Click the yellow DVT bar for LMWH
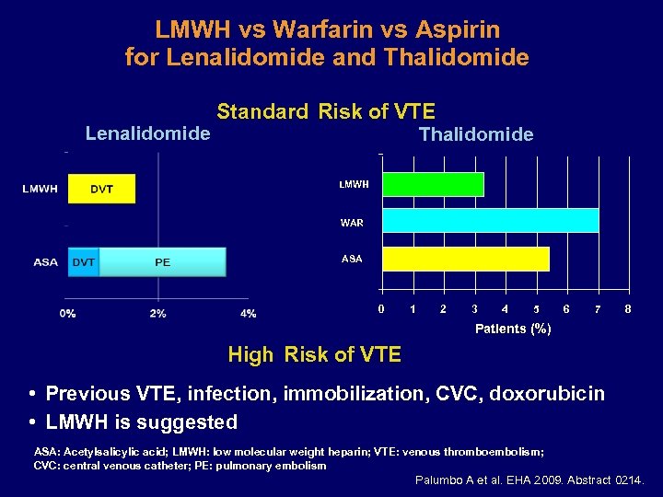pyautogui.click(x=101, y=189)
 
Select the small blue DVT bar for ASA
pyautogui.click(x=84, y=262)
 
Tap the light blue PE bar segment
pyautogui.click(x=162, y=262)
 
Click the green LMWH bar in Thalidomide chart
pyautogui.click(x=432, y=184)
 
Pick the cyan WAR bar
pyautogui.click(x=490, y=221)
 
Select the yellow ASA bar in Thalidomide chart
pyautogui.click(x=465, y=259)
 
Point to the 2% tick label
pyautogui.click(x=157, y=314)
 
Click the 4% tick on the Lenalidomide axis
pyautogui.click(x=248, y=314)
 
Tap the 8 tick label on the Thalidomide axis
pyautogui.click(x=628, y=309)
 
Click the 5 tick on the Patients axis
pyautogui.click(x=536, y=309)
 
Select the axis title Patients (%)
pyautogui.click(x=513, y=329)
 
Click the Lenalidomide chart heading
pyautogui.click(x=147, y=133)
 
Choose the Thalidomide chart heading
pyautogui.click(x=476, y=135)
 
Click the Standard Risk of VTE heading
pyautogui.click(x=326, y=112)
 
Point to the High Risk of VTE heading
pyautogui.click(x=315, y=354)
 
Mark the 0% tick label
pyautogui.click(x=68, y=314)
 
